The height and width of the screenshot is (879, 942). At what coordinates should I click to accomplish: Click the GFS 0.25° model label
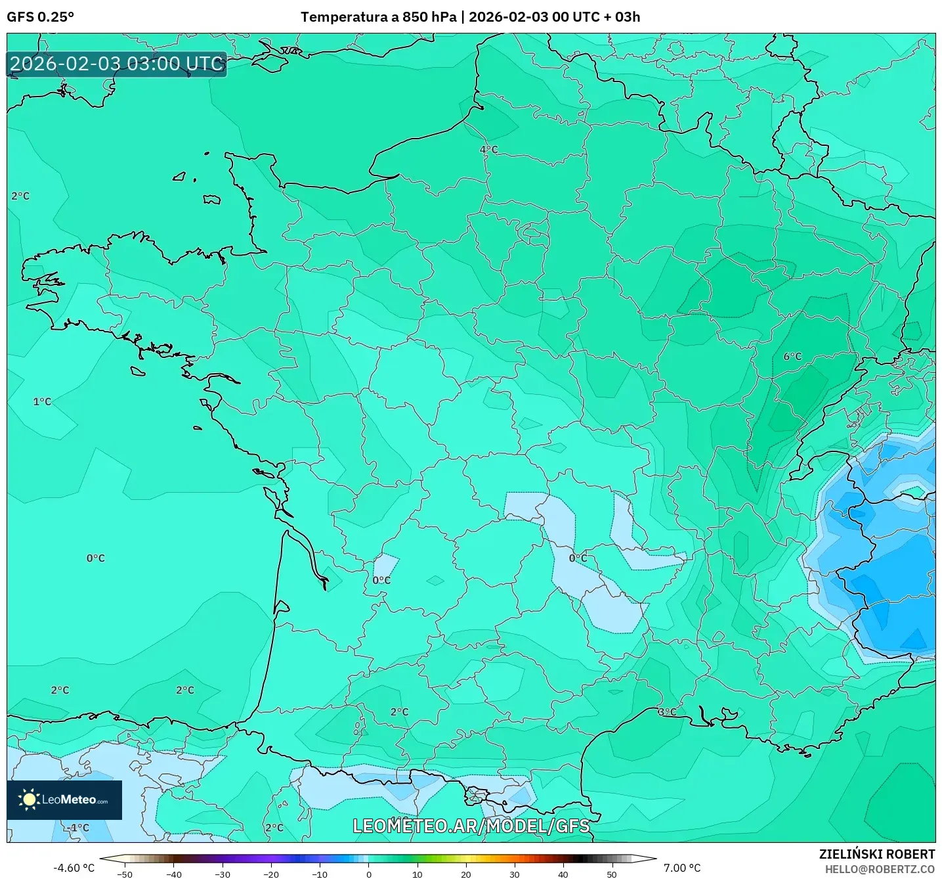coord(40,17)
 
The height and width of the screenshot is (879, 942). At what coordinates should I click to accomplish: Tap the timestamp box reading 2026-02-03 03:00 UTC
coord(117,64)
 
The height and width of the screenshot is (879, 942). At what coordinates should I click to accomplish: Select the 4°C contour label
coord(488,150)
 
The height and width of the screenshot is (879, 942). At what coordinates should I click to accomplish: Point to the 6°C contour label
coord(792,357)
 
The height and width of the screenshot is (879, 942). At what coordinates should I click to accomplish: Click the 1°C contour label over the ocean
coord(42,401)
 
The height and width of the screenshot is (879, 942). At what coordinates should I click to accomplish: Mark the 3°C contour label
coord(667,712)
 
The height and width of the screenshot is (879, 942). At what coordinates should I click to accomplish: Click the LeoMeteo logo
coord(64,800)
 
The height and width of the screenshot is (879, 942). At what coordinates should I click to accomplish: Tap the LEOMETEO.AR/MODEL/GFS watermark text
coord(471,826)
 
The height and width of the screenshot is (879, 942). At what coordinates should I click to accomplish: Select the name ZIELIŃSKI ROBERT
coord(876,854)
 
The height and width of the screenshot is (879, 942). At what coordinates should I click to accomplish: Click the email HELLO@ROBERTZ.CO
coord(880,869)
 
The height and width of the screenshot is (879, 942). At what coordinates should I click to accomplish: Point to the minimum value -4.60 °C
coord(74,868)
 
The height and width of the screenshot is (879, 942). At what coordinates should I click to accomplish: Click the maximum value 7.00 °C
coord(682,868)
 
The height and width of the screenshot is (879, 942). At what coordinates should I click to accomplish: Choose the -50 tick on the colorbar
coord(124,874)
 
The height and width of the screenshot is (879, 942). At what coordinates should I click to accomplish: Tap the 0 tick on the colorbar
coord(368,874)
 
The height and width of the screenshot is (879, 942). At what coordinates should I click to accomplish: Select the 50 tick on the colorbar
coord(612,874)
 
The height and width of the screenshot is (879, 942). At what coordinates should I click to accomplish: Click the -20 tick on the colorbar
coord(270,874)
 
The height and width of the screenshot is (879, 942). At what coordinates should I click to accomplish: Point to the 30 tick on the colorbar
coord(514,874)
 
